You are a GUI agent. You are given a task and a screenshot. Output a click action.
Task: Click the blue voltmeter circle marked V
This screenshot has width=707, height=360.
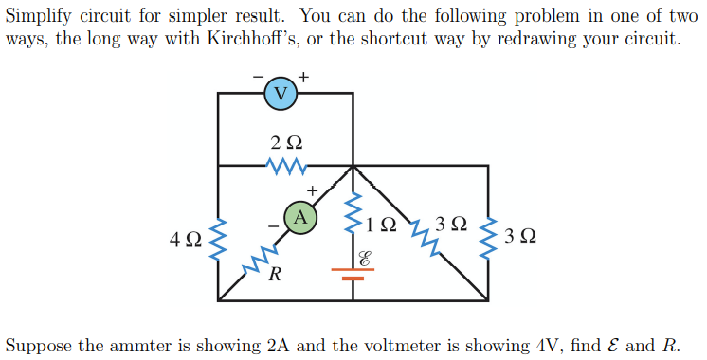click(x=279, y=92)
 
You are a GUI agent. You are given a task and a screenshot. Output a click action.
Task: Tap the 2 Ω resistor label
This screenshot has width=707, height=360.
click(x=285, y=143)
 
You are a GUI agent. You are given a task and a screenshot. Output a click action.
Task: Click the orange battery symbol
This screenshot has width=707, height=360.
click(x=353, y=274)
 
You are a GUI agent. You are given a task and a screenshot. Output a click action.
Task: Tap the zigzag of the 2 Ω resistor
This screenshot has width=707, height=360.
click(x=285, y=167)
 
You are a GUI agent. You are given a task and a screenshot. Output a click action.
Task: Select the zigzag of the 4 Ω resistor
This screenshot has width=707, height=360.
click(x=219, y=240)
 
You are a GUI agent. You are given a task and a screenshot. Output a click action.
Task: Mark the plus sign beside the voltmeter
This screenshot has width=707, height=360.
click(x=303, y=75)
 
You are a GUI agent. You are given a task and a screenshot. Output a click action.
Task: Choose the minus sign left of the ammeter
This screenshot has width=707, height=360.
click(x=274, y=225)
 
